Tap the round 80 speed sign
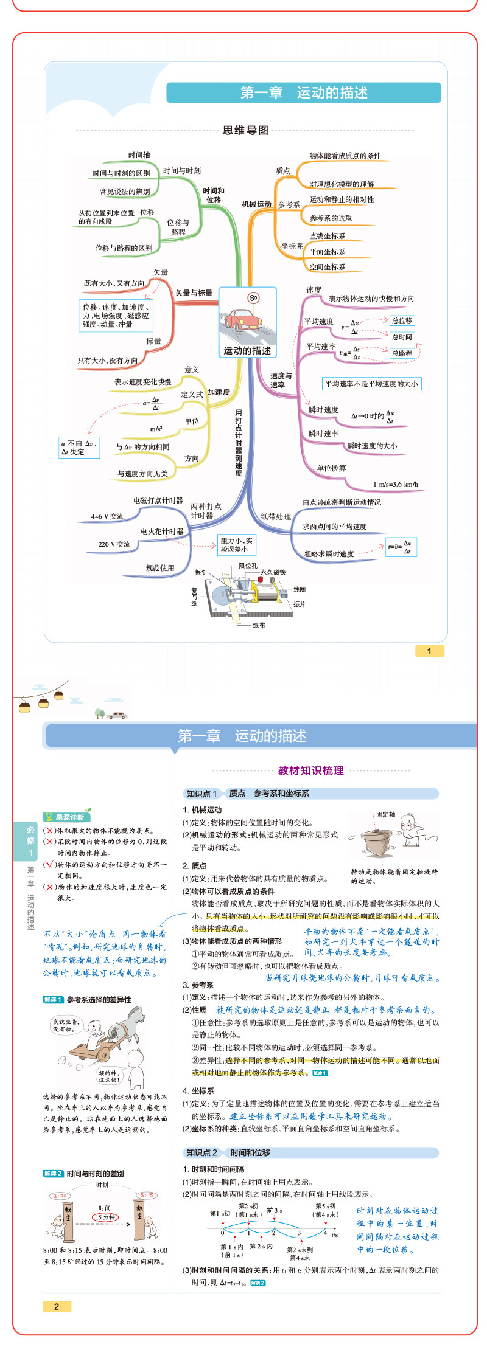pyautogui.click(x=253, y=298)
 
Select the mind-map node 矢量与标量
pyautogui.click(x=194, y=293)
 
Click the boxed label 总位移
pyautogui.click(x=402, y=320)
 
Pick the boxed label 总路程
pyautogui.click(x=402, y=353)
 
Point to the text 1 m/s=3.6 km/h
pyautogui.click(x=395, y=485)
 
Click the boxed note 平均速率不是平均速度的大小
pyautogui.click(x=371, y=384)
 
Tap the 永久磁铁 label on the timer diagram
pyautogui.click(x=273, y=572)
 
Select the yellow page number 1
pyautogui.click(x=429, y=651)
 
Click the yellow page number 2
pyautogui.click(x=57, y=1306)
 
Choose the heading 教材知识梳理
pyautogui.click(x=310, y=770)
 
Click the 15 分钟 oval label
pyautogui.click(x=105, y=1217)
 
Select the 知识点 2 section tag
pyautogui.click(x=201, y=1152)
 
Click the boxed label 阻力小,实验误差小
pyautogui.click(x=236, y=545)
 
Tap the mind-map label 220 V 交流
pyautogui.click(x=114, y=544)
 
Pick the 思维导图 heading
pyautogui.click(x=245, y=130)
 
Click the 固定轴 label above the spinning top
pyautogui.click(x=385, y=814)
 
